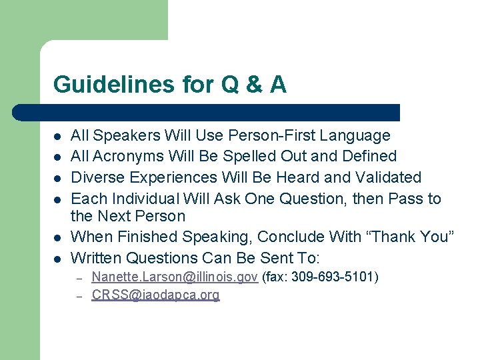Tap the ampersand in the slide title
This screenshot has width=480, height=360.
tap(251, 85)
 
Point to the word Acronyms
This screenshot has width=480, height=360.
tap(125, 157)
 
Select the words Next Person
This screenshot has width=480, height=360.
tap(141, 216)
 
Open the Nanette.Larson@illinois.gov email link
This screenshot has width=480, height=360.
tap(174, 277)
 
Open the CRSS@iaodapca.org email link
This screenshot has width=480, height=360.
tap(155, 295)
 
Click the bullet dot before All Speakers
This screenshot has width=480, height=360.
tap(57, 137)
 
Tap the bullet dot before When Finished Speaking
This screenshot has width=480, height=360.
tap(57, 237)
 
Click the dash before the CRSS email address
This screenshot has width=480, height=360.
tap(79, 296)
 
